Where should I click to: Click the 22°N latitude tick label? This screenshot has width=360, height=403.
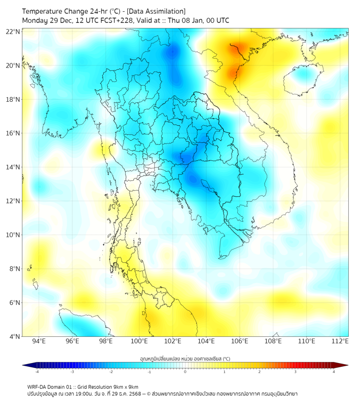pos(13,31)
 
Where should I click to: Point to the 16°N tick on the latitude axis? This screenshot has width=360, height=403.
pos(13,133)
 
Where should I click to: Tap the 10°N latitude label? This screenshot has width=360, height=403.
pos(13,235)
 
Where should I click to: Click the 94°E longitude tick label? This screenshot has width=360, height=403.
pos(39,341)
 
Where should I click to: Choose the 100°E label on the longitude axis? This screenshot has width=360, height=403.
pos(139,341)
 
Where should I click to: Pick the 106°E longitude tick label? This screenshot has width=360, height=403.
pos(240,341)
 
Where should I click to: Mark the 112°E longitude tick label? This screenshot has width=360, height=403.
pos(340,341)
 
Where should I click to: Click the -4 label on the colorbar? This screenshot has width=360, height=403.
pos(37,372)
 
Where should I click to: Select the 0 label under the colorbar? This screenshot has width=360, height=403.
pos(185,372)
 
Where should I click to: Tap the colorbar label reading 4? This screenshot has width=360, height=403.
pos(334,372)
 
